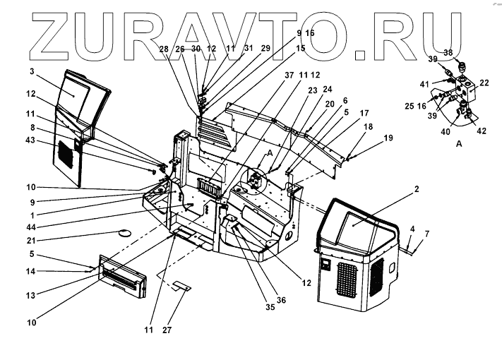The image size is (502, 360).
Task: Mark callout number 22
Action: click(x=485, y=83)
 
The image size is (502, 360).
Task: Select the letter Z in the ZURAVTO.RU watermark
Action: click(x=38, y=32)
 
